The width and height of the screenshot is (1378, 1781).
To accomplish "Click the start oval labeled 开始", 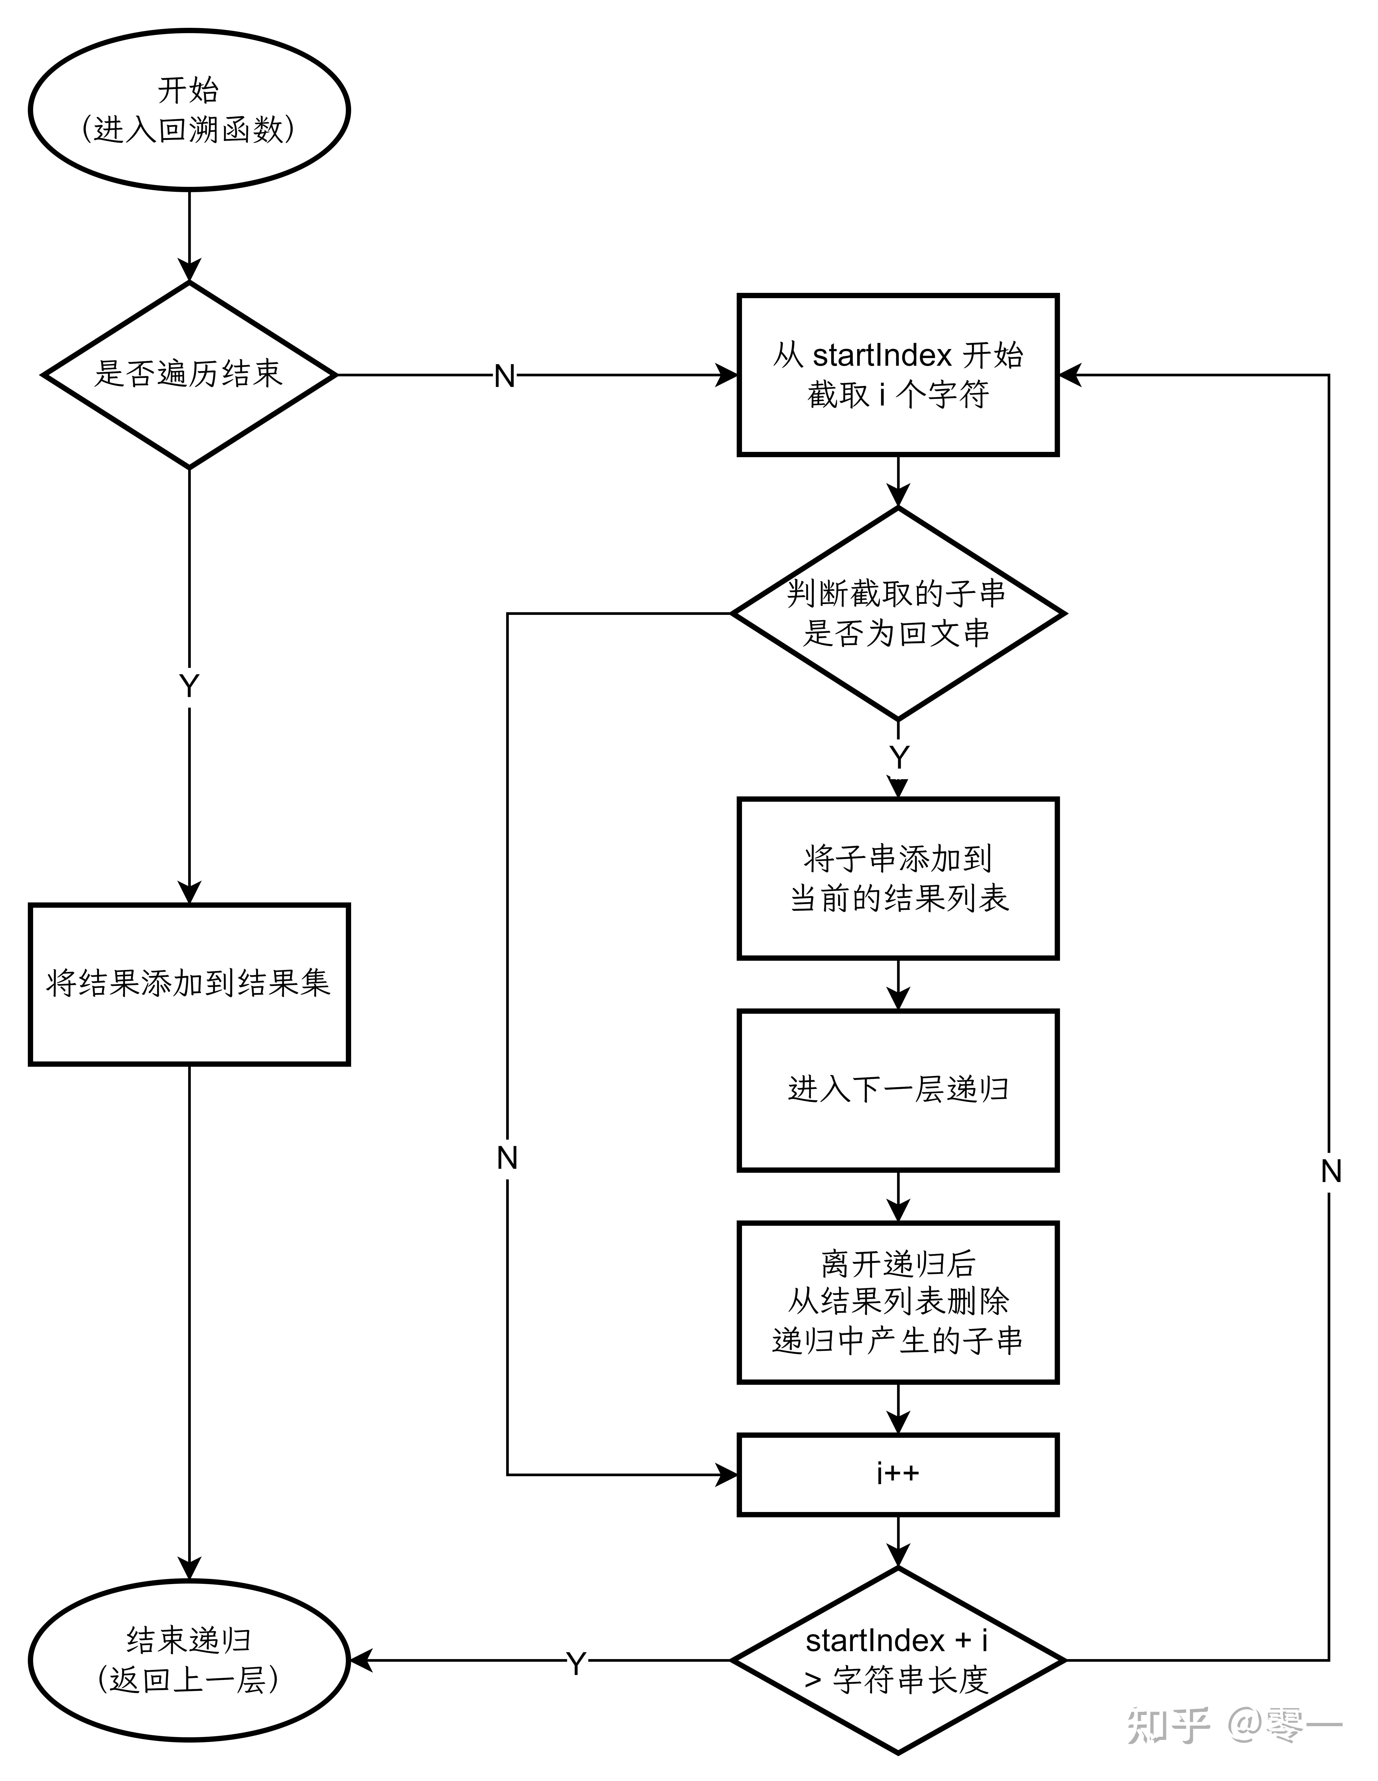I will point(189,110).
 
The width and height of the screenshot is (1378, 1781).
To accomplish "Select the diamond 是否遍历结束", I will point(189,375).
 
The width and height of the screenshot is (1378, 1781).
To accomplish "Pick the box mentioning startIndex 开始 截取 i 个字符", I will point(898,375).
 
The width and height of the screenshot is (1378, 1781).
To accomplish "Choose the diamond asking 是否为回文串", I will point(898,613).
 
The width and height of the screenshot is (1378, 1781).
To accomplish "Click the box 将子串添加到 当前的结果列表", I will point(898,878).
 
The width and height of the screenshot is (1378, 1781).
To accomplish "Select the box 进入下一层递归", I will point(898,1090).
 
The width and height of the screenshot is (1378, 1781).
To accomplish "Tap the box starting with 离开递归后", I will point(898,1302).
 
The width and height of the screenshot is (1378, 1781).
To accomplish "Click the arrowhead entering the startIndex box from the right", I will point(1070,375).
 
